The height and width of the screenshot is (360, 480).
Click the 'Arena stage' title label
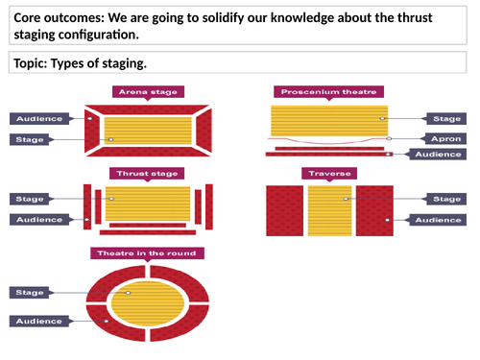point(148,92)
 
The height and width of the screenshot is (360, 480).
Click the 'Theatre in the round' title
point(147,253)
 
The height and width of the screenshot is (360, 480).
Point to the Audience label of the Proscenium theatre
point(442,154)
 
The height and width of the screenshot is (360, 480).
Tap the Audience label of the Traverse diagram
point(442,220)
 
